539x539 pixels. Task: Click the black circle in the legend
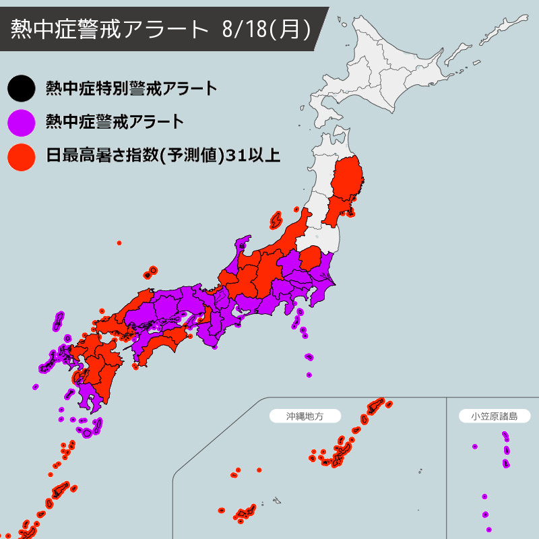(x=21, y=88)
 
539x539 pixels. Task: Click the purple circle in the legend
(x=21, y=122)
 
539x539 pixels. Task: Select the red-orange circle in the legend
(x=21, y=156)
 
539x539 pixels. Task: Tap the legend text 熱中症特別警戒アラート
(x=131, y=88)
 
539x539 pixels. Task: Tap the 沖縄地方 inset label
(x=305, y=416)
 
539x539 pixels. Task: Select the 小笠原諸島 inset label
(x=494, y=416)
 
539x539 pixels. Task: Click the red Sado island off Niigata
(x=276, y=220)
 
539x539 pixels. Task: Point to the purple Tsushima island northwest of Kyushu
(x=59, y=321)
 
